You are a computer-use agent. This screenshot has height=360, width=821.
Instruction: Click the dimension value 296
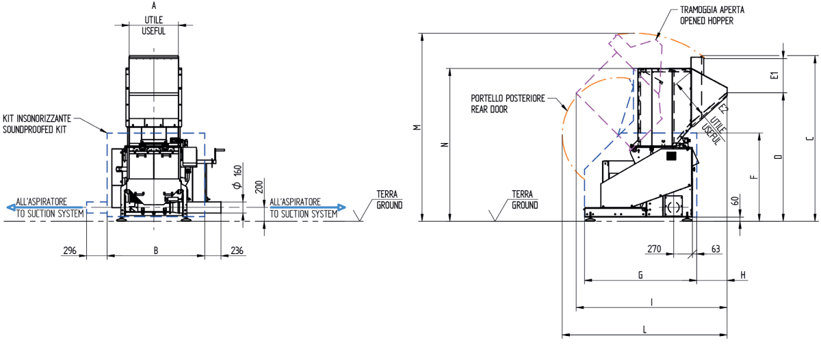[x=70, y=250]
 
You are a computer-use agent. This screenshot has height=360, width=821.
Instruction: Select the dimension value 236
[x=237, y=250]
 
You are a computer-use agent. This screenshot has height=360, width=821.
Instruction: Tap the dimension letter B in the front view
[x=156, y=250]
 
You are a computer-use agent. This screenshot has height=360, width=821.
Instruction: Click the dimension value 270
[x=654, y=249]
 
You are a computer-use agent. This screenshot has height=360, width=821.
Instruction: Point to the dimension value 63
[x=716, y=249]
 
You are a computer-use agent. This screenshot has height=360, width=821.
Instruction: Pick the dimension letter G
[x=640, y=275]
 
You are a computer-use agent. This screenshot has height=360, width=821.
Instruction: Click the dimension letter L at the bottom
[x=644, y=329]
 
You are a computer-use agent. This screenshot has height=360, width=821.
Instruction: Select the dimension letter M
[x=417, y=127]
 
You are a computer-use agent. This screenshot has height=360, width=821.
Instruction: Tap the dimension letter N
[x=445, y=144]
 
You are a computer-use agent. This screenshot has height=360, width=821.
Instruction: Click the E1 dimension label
[x=774, y=75]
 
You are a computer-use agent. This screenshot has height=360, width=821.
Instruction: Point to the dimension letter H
[x=743, y=275]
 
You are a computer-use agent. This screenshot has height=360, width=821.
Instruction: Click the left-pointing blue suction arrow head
[x=11, y=207]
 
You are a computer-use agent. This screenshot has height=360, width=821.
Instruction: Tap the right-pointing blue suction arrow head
[x=341, y=207]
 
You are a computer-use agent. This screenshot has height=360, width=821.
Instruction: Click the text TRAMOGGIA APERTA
[x=712, y=10]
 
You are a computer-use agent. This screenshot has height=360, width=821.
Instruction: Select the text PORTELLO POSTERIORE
[x=508, y=99]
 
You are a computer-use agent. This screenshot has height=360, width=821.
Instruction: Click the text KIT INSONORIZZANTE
[x=37, y=118]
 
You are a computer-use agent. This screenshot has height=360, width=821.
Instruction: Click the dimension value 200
[x=259, y=187]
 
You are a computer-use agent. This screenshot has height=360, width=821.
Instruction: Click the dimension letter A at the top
[x=153, y=5]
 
